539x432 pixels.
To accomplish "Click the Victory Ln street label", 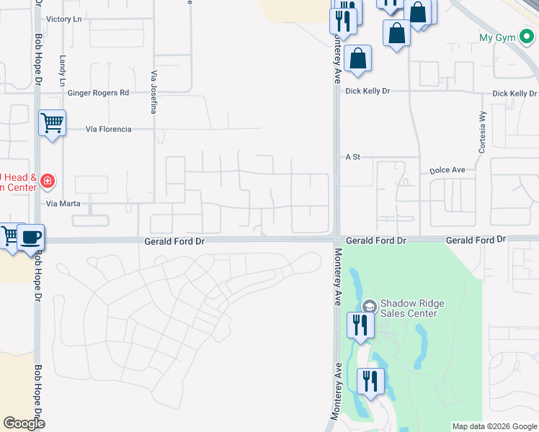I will tap(63, 19).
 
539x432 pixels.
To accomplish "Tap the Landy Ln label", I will tap(63, 67).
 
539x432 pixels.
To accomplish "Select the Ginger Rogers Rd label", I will tap(98, 93).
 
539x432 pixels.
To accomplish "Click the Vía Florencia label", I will tap(108, 129).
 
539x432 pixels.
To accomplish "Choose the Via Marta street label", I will tap(62, 204).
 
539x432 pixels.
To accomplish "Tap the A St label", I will tap(352, 156).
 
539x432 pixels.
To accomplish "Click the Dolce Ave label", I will tap(447, 171).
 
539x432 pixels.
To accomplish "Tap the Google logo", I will tap(23, 423).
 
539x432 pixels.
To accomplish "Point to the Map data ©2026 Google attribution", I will tap(494, 426).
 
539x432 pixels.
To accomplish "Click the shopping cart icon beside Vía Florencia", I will tap(52, 122).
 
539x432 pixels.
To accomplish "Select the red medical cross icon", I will tap(47, 181).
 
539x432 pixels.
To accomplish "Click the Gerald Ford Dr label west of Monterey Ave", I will tap(175, 243).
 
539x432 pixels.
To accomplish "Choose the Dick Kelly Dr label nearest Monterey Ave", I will tap(367, 91).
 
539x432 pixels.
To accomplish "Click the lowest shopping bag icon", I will tap(357, 58).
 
